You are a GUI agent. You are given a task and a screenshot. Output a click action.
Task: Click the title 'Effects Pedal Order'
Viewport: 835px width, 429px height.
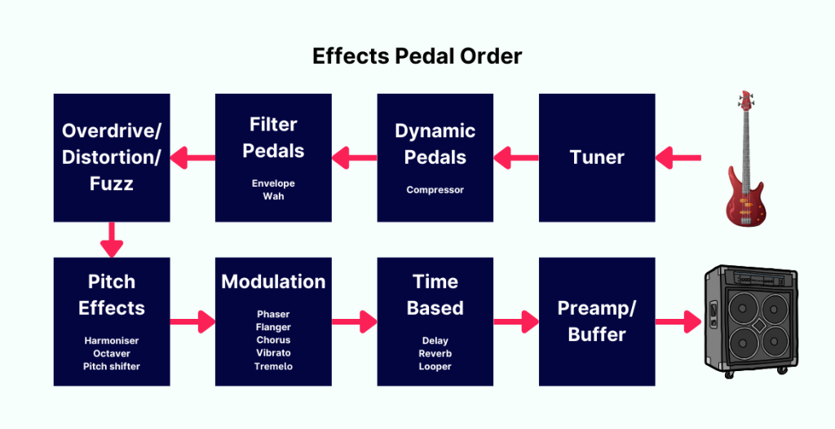tap(417, 56)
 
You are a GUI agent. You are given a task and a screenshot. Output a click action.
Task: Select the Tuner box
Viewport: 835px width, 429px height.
tap(597, 157)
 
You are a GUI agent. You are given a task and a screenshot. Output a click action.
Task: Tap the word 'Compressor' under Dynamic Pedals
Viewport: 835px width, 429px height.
tap(435, 190)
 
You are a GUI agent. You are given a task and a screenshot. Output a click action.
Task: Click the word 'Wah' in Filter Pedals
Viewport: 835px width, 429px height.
tap(273, 197)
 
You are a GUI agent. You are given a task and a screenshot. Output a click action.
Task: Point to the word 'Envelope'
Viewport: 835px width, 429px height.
tap(273, 184)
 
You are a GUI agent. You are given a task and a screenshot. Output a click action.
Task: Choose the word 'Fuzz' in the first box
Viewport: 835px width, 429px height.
tap(112, 184)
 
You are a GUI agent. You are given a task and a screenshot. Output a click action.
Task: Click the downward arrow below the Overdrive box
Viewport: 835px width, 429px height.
tap(112, 239)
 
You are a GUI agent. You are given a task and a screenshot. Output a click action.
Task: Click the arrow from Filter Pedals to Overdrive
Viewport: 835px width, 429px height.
tap(192, 157)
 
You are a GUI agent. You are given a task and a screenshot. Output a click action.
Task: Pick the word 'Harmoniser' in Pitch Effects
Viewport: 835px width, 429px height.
tap(112, 340)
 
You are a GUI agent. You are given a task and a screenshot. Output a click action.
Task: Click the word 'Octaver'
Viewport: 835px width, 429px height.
tap(112, 353)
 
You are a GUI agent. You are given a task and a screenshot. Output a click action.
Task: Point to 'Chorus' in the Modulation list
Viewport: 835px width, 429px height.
tap(273, 340)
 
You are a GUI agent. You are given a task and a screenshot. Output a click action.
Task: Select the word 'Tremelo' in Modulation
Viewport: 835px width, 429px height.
tap(273, 366)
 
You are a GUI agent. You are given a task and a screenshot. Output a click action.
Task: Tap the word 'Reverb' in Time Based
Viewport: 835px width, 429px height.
tap(435, 353)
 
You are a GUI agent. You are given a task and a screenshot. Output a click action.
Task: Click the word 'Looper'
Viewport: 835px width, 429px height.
tap(435, 366)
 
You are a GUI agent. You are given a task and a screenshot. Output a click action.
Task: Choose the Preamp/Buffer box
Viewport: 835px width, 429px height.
tap(597, 321)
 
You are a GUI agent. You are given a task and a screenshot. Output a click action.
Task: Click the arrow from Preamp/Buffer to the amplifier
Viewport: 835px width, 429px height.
tap(678, 321)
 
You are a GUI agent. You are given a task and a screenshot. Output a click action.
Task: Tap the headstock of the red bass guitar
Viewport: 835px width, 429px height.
tap(745, 101)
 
